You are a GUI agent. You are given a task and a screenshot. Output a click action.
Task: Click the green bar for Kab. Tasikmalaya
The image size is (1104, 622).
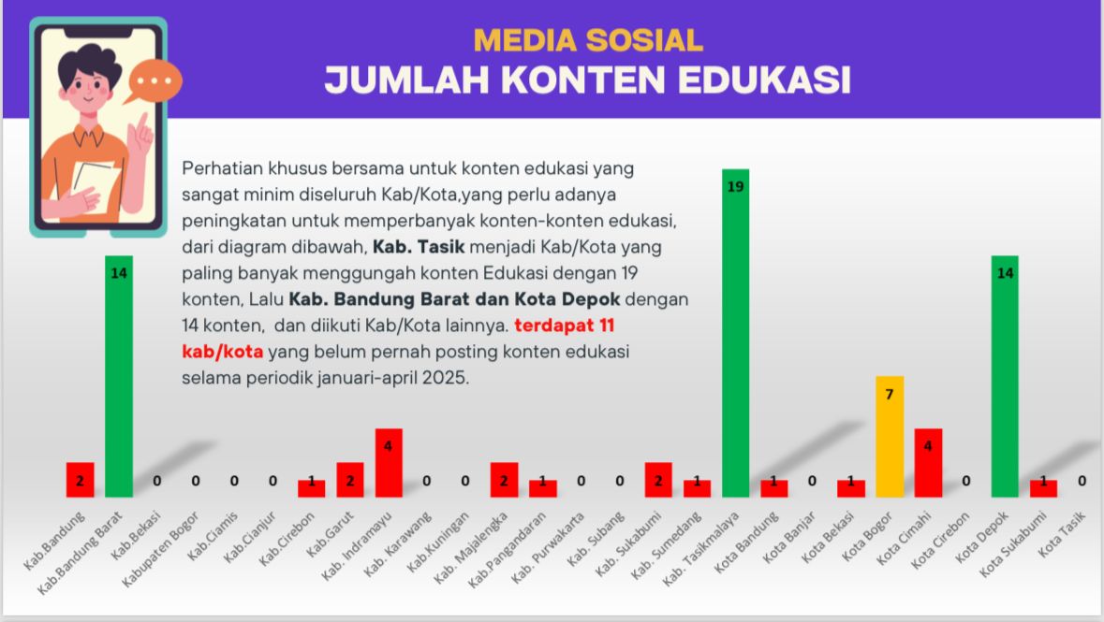tap(735, 337)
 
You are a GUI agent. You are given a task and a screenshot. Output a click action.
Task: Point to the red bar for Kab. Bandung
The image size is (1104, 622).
tap(81, 481)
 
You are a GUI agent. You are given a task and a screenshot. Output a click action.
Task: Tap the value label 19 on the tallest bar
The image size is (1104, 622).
tap(735, 186)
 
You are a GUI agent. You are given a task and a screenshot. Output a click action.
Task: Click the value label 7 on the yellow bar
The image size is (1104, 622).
tap(890, 393)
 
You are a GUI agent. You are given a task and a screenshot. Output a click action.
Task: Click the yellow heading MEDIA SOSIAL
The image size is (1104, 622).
tap(588, 40)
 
